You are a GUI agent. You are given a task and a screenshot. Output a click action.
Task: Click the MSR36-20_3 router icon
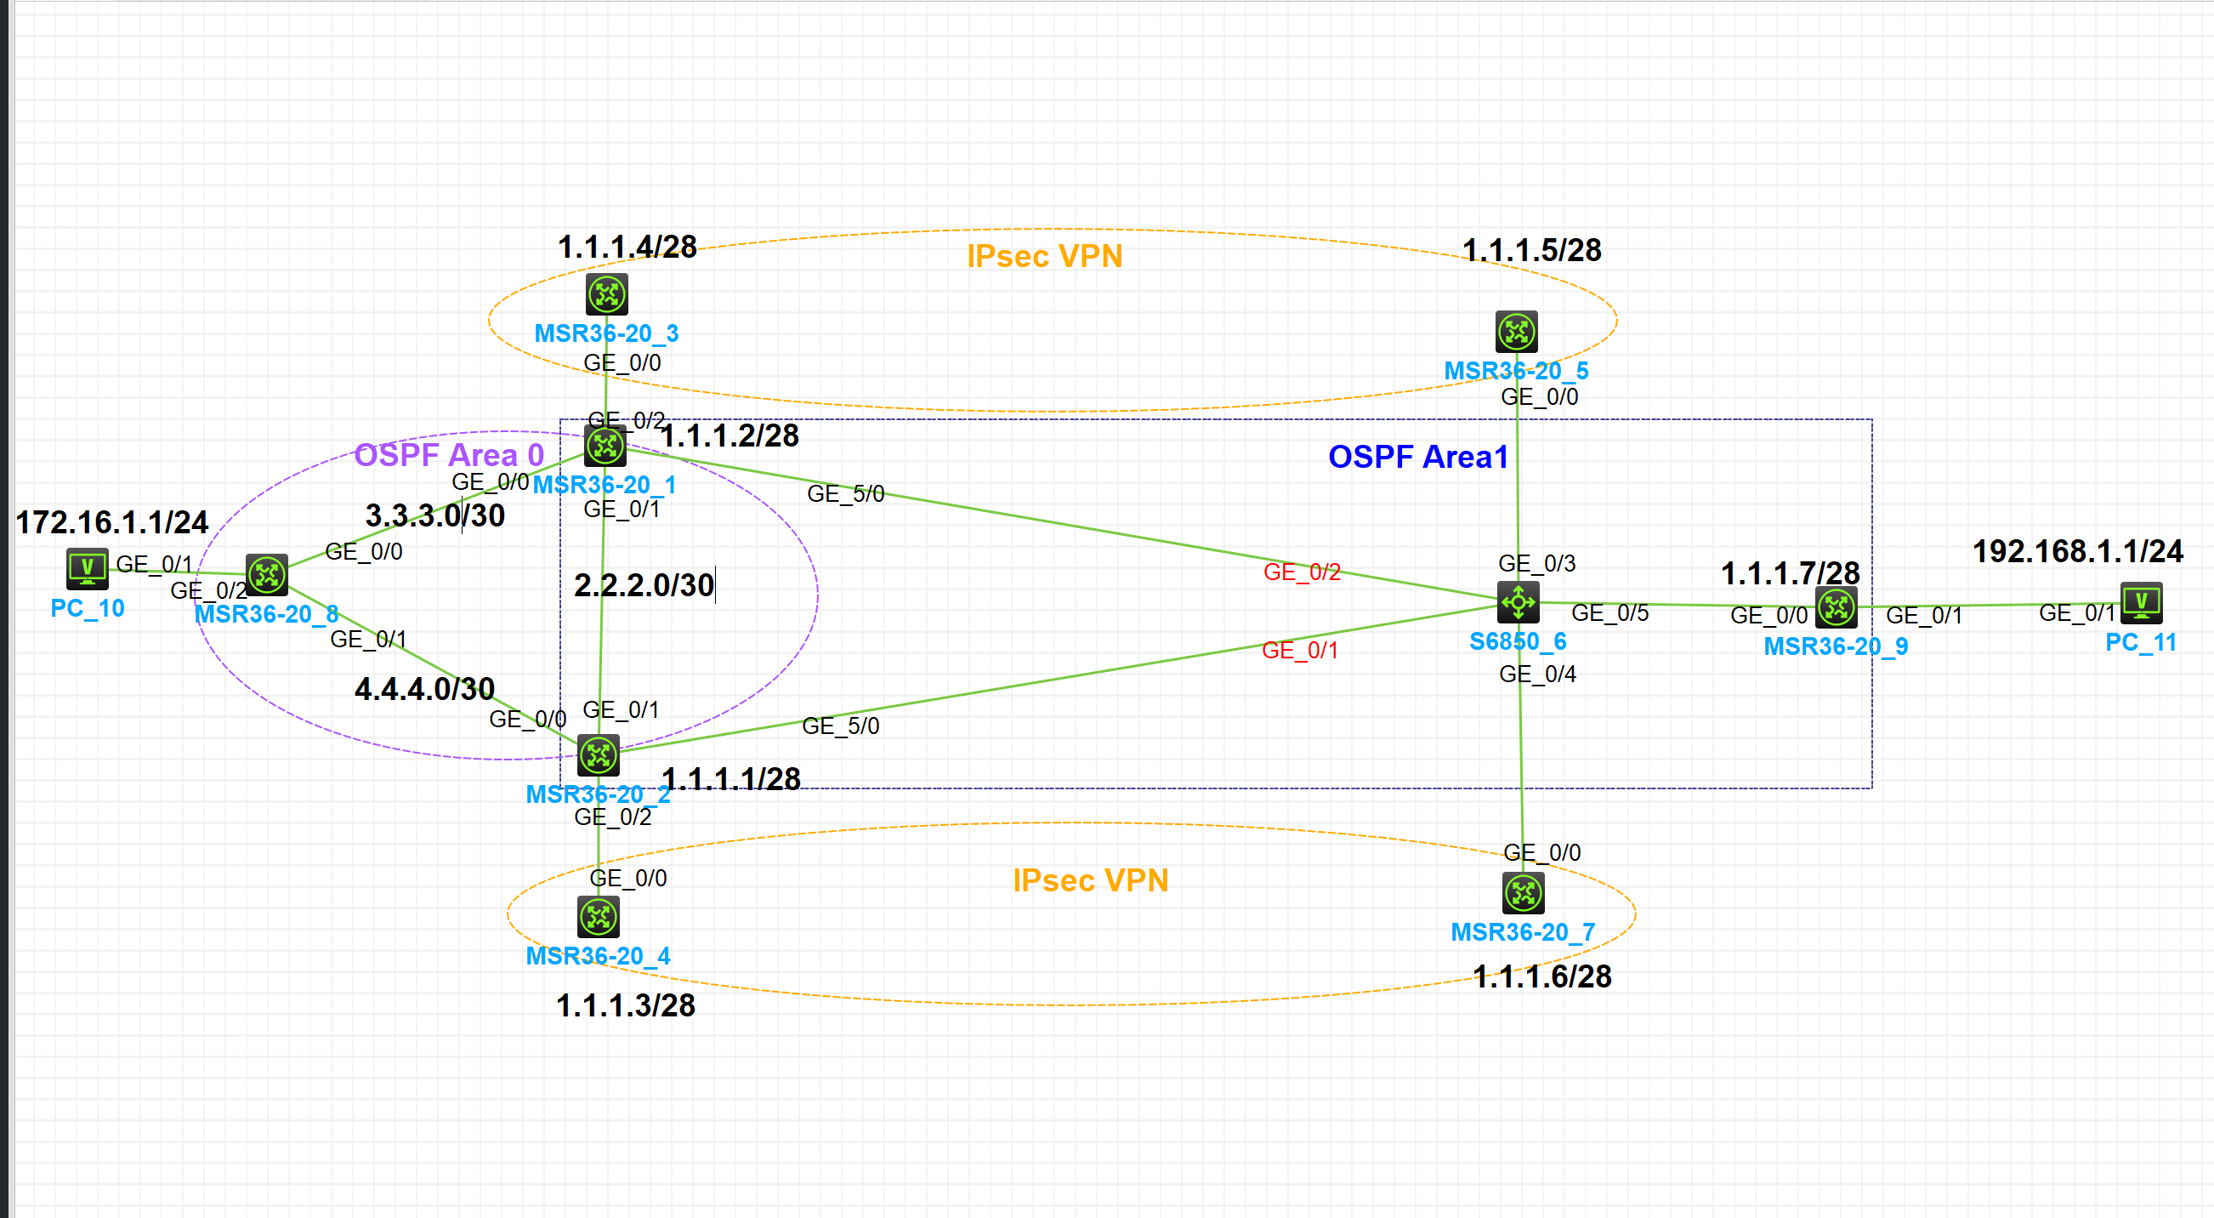click(607, 295)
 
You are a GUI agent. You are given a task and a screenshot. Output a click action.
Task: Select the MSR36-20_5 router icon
click(1516, 332)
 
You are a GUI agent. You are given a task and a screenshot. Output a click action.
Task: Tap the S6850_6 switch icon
click(1518, 601)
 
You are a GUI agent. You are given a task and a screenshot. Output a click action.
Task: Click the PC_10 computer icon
click(87, 567)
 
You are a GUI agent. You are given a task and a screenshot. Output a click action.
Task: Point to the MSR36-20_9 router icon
click(1836, 606)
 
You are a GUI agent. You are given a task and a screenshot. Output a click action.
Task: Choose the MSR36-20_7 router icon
click(1523, 893)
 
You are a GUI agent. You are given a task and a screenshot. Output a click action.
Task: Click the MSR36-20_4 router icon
click(599, 917)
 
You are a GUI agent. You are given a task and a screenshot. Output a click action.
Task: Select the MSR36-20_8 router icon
click(266, 574)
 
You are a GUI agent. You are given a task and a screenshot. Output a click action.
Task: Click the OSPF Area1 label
click(1418, 458)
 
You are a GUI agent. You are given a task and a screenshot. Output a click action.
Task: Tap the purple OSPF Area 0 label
click(449, 456)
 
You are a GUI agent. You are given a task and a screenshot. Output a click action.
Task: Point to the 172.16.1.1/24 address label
click(111, 522)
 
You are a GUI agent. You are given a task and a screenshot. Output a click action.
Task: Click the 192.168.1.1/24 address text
click(2077, 552)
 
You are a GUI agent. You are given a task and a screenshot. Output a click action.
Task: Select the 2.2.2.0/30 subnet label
click(644, 585)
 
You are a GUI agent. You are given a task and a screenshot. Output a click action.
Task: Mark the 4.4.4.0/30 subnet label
click(424, 689)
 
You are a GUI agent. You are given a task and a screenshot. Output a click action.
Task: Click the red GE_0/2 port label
click(1301, 572)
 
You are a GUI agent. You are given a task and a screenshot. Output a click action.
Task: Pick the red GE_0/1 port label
click(1299, 651)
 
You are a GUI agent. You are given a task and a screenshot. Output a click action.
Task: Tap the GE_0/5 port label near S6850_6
click(1609, 613)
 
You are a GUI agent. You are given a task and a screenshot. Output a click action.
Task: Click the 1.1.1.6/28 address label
click(1542, 977)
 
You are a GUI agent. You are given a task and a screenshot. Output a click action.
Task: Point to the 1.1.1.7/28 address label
click(1791, 573)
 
